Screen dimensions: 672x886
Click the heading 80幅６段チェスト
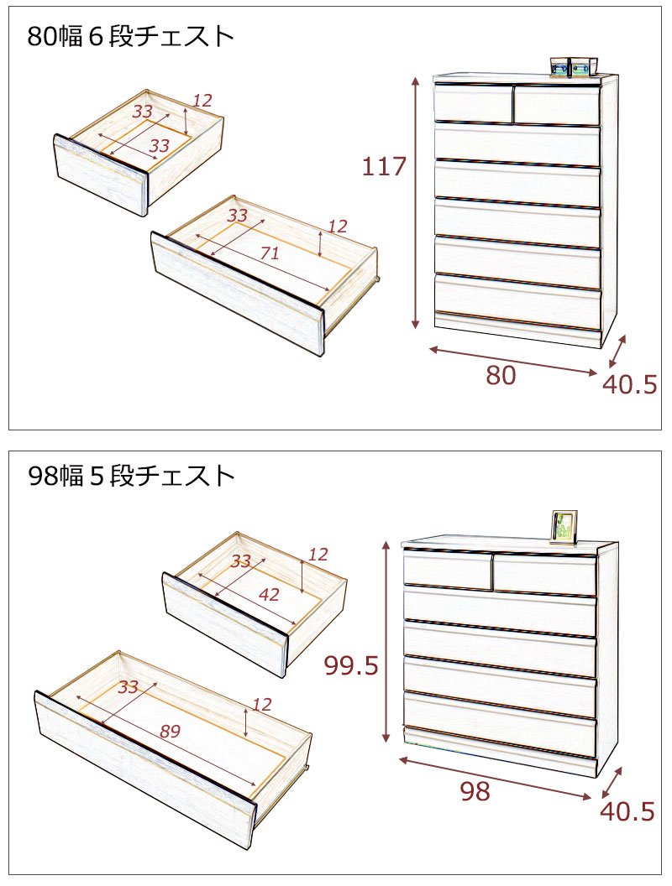pyautogui.click(x=131, y=37)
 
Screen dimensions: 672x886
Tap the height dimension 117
pyautogui.click(x=384, y=167)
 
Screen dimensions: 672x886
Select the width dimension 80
pyautogui.click(x=501, y=376)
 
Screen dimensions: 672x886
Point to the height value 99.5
pyautogui.click(x=351, y=666)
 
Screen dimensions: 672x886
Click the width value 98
pyautogui.click(x=475, y=792)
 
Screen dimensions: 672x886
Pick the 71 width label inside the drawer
pyautogui.click(x=270, y=253)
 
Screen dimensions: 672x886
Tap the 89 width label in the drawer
pyautogui.click(x=170, y=731)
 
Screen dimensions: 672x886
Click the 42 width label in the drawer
pyautogui.click(x=270, y=594)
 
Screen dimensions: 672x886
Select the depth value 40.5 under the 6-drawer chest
pyautogui.click(x=629, y=385)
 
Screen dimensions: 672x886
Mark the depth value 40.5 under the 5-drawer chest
pyautogui.click(x=627, y=812)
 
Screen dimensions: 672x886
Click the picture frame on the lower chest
pyautogui.click(x=564, y=527)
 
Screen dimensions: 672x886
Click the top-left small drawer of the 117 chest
pyautogui.click(x=473, y=103)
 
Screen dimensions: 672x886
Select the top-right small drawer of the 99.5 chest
pyautogui.click(x=544, y=575)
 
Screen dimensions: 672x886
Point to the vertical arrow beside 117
pyautogui.click(x=416, y=203)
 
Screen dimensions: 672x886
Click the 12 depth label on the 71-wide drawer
pyautogui.click(x=337, y=227)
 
